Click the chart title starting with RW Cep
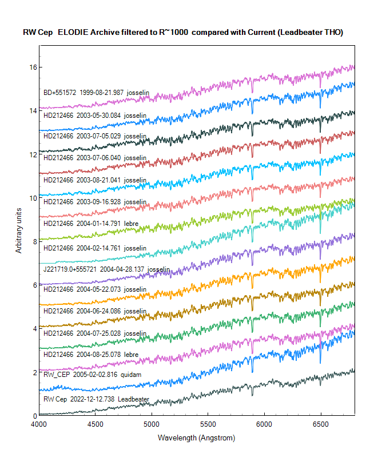click(183, 33)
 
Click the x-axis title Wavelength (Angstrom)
click(196, 438)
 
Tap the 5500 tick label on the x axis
click(208, 424)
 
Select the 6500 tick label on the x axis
click(320, 424)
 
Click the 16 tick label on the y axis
click(33, 67)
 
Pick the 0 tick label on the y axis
click(35, 415)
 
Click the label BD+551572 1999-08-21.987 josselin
click(95, 92)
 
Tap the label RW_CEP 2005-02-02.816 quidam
click(92, 374)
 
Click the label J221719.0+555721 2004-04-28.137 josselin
click(106, 269)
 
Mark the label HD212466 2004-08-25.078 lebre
click(91, 355)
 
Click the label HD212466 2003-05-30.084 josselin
click(95, 116)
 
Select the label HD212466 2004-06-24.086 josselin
click(95, 311)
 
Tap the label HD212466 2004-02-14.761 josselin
click(95, 248)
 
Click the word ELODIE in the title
click(74, 33)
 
